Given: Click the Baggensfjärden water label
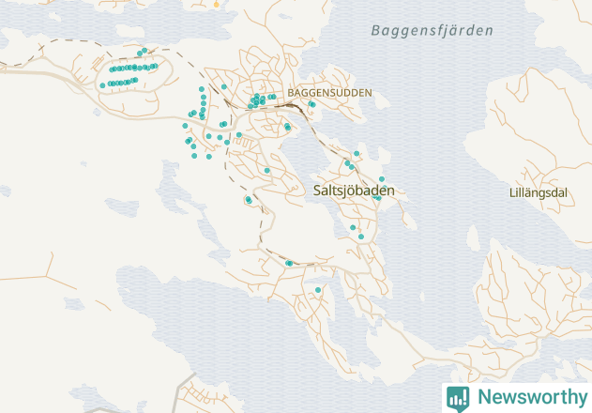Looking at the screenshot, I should click(x=432, y=31).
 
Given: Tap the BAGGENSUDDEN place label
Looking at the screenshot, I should click(x=329, y=93).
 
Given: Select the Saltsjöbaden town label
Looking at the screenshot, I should click(x=354, y=191).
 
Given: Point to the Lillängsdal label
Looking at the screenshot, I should click(x=538, y=193).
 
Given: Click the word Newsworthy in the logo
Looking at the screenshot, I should click(x=529, y=397).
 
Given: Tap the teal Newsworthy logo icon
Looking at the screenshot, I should click(x=458, y=398).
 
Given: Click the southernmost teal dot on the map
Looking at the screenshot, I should click(x=318, y=290).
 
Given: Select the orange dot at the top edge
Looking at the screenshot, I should click(x=215, y=4).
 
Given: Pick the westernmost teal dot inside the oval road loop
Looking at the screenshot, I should click(x=102, y=85).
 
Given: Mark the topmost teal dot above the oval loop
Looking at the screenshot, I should click(x=144, y=51).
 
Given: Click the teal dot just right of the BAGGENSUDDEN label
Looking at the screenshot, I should click(x=312, y=104).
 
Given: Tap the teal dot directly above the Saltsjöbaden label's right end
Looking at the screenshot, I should click(x=382, y=178).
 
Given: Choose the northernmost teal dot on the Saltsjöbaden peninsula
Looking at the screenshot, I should click(x=357, y=153).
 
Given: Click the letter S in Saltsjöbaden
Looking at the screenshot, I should click(x=317, y=191).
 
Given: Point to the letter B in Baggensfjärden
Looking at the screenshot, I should click(x=375, y=31).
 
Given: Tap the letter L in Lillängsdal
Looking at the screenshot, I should click(x=510, y=193).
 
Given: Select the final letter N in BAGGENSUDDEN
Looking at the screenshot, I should click(x=368, y=93).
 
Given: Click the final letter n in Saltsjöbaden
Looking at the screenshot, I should click(x=390, y=191).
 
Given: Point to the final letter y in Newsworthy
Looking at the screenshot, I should click(x=578, y=399).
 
